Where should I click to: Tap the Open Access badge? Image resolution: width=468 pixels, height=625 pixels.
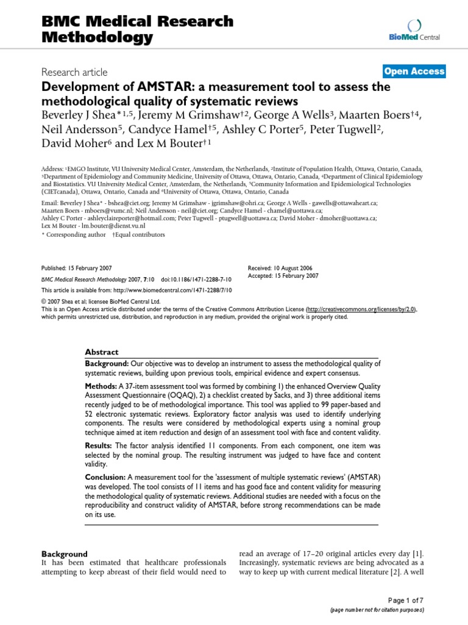pos(414,71)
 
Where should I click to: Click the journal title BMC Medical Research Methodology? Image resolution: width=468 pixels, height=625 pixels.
pos(137,29)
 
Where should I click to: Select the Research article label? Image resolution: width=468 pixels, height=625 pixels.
pos(74,72)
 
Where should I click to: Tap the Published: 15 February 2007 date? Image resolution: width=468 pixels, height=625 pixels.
pos(76,268)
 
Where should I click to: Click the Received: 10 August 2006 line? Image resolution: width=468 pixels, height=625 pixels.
pos(283,268)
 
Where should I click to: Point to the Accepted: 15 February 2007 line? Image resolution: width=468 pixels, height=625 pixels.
pos(283,276)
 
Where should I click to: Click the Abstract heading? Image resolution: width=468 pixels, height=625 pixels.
pos(102,352)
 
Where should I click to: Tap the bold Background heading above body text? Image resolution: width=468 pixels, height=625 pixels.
pos(65,554)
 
